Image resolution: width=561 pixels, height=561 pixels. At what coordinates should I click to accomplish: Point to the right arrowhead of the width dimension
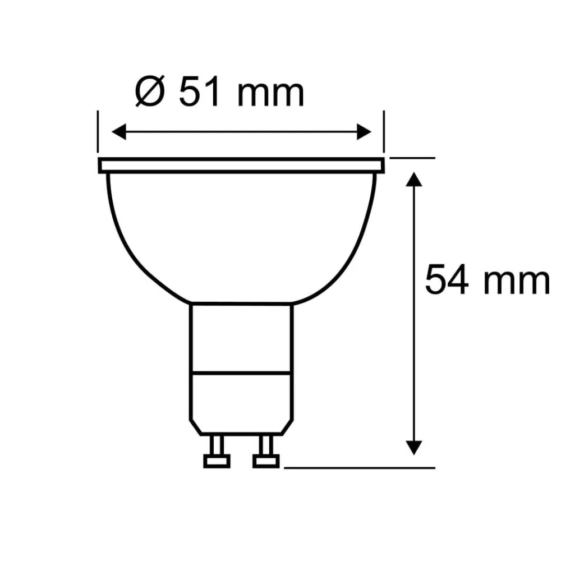(364, 132)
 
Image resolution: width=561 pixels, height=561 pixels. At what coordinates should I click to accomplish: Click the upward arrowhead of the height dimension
(413, 181)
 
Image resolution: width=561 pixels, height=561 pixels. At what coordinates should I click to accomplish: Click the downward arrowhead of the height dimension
(413, 447)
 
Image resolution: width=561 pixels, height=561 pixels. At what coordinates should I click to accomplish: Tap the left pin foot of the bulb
(216, 461)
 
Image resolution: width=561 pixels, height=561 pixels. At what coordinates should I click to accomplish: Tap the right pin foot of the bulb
(266, 461)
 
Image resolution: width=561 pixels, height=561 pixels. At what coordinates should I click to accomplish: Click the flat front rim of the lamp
(241, 165)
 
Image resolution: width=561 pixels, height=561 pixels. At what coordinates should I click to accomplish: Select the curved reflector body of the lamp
(241, 236)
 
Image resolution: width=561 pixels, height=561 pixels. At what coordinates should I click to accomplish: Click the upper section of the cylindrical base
(241, 337)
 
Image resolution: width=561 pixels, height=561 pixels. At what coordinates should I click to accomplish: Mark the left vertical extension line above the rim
(98, 132)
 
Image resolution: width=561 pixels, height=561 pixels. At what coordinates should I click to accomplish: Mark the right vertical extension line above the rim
(384, 132)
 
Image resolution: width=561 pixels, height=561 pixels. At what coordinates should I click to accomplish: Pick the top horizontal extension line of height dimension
(412, 158)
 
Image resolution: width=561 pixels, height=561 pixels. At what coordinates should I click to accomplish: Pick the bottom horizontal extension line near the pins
(359, 466)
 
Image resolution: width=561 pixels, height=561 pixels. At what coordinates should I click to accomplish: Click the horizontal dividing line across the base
(241, 371)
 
